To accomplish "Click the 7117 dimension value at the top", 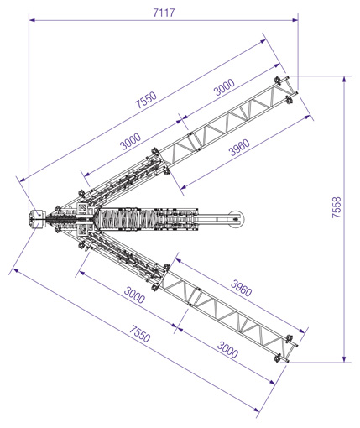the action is point(164,13).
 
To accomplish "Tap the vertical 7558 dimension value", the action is point(337,207).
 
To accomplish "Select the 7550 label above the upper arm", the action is point(146,100).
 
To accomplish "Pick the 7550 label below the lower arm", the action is point(139,334).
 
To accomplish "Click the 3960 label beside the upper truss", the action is point(239,147).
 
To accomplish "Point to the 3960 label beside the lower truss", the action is point(241,288).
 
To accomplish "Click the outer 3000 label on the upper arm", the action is point(224,87).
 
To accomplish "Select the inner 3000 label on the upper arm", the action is point(130,142).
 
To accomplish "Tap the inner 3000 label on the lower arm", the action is point(134,295).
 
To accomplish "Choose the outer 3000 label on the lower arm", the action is point(227,349).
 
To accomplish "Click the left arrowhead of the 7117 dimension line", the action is point(32,20).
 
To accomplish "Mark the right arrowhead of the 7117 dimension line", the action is point(295,20).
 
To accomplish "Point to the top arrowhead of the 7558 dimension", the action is point(344,79).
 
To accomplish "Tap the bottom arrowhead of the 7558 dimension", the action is point(344,359).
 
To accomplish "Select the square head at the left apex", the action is point(36,219).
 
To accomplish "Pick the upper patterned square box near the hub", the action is point(83,208).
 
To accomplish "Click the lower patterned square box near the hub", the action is point(83,231).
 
